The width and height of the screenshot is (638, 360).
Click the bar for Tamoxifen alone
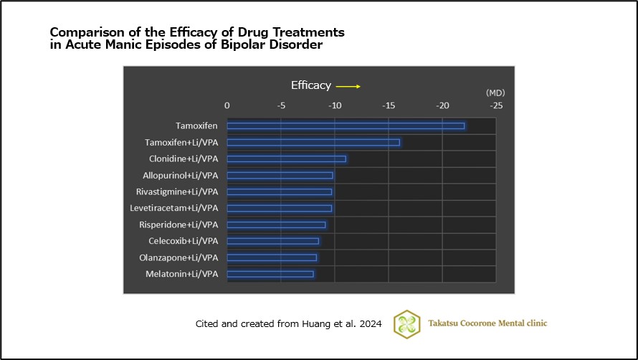click(346, 126)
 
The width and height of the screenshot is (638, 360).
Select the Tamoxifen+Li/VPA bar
click(313, 143)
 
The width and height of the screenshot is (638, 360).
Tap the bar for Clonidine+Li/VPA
click(286, 159)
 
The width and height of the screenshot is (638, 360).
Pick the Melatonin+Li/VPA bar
click(270, 274)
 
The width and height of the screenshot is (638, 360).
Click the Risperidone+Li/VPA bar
click(276, 224)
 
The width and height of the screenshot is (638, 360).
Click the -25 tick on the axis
click(495, 105)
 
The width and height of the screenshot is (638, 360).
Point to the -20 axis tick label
click(442, 105)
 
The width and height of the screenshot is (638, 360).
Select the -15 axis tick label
click(389, 105)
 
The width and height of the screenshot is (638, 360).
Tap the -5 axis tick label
click(281, 105)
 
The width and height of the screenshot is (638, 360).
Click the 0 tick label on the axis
click(227, 105)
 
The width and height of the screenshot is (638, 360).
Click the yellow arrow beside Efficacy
click(348, 87)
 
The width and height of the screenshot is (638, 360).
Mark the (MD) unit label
click(495, 93)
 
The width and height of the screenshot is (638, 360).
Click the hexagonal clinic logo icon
click(408, 323)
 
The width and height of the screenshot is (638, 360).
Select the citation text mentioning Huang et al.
click(289, 324)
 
